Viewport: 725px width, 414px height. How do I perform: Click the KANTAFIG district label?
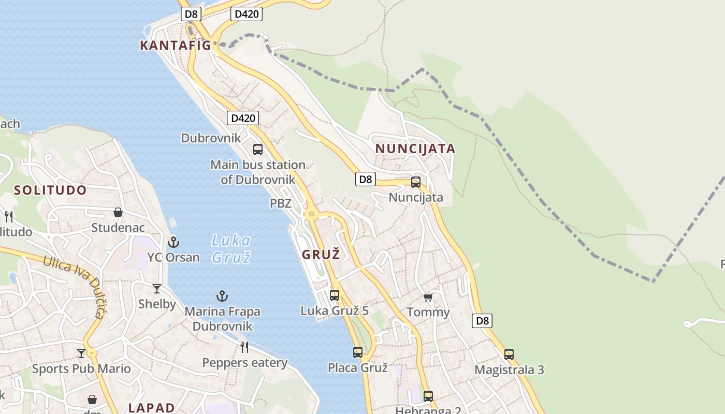click(x=176, y=45)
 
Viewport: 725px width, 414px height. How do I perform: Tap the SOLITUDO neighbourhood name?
click(x=50, y=190)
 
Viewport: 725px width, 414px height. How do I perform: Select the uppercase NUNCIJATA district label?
click(x=415, y=149)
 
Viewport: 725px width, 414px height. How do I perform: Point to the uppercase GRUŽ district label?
click(x=321, y=254)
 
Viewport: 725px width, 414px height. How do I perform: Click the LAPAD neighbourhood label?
click(x=151, y=407)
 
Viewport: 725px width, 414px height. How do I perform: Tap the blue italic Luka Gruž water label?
click(x=231, y=248)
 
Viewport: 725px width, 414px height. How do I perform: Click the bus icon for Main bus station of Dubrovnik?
click(x=258, y=150)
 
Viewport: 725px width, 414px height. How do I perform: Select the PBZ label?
click(x=281, y=203)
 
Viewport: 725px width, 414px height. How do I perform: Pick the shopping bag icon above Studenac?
click(x=118, y=212)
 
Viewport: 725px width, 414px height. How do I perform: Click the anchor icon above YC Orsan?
click(x=173, y=242)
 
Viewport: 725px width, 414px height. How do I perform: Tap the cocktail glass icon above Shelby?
click(x=157, y=288)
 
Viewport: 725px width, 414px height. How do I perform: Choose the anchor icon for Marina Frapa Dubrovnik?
click(x=222, y=296)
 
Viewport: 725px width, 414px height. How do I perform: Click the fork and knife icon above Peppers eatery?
click(x=244, y=347)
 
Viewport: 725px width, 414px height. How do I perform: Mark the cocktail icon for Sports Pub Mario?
click(x=81, y=353)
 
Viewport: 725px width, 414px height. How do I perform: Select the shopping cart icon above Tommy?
click(x=428, y=297)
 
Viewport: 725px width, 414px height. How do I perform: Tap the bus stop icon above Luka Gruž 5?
click(x=335, y=295)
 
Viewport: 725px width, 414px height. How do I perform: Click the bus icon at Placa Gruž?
click(x=358, y=352)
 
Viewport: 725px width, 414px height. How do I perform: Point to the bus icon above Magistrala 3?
click(x=509, y=354)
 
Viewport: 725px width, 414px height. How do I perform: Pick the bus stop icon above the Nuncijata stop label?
click(x=416, y=182)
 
